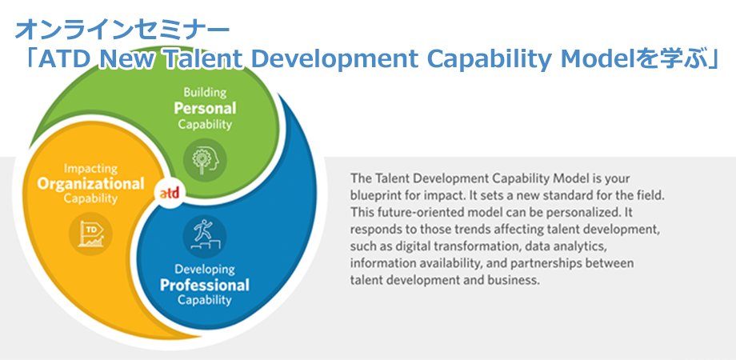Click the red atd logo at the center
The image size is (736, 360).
pos(169,193)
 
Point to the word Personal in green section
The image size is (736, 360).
pos(205,108)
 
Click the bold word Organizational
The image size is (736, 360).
pos(90,184)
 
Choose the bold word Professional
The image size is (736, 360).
pos(204,285)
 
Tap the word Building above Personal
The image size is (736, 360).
pos(204,92)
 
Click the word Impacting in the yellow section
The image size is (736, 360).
pos(90,169)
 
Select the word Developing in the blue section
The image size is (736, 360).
pos(204,269)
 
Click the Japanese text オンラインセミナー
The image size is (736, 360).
pos(122,30)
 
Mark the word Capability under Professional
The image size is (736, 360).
pos(204,301)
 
